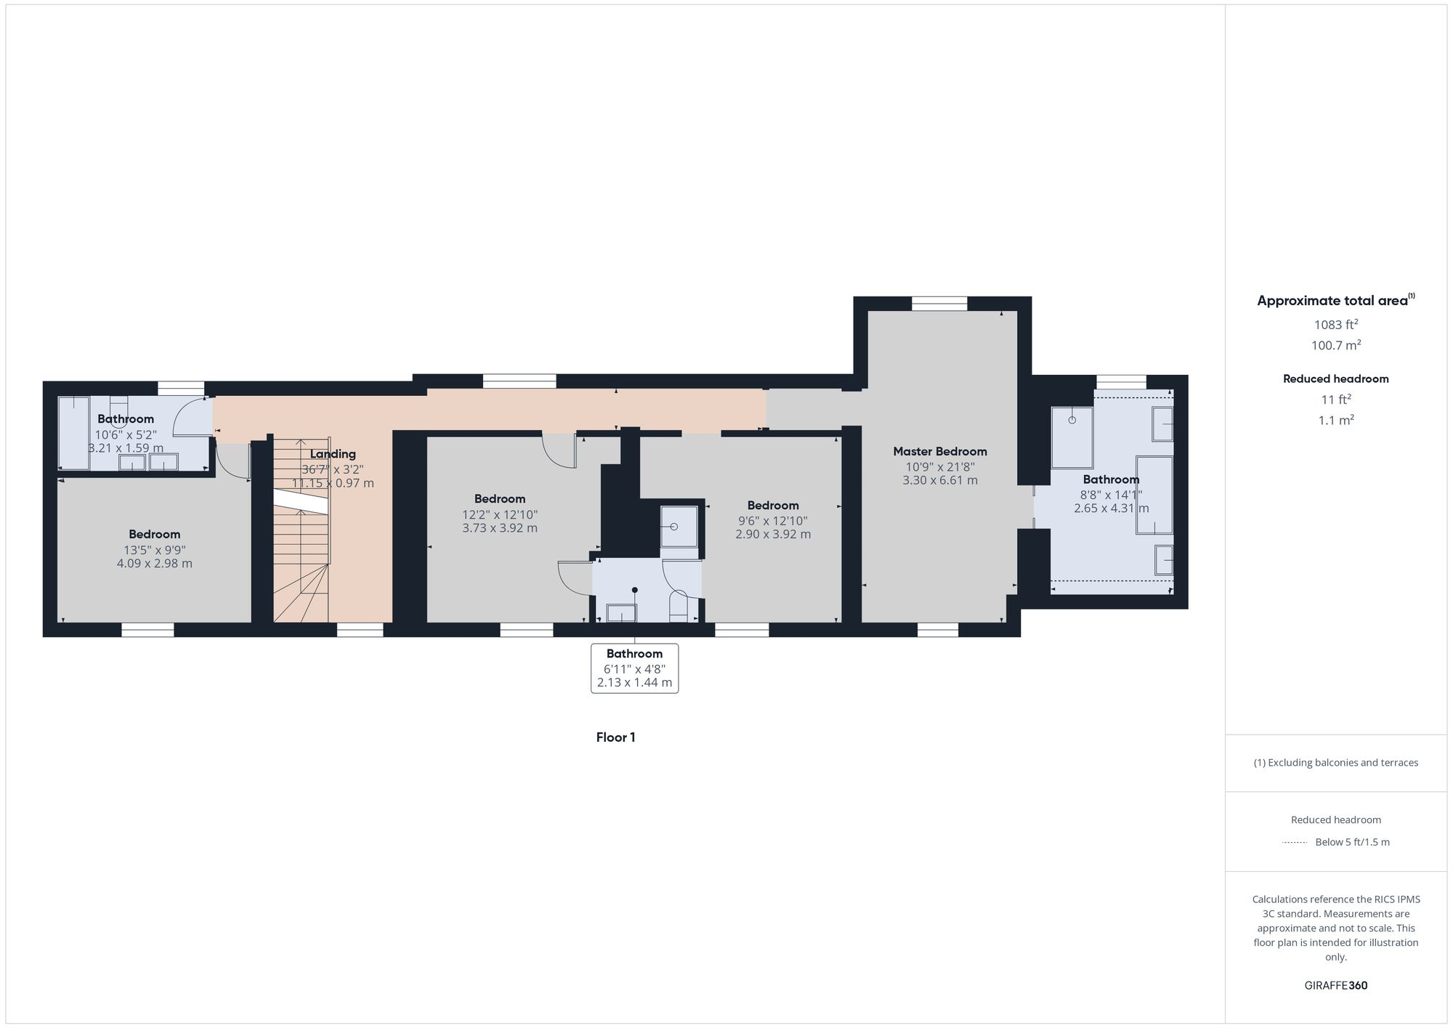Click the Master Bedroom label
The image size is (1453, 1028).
(x=939, y=451)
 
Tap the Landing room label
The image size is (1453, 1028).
(x=333, y=454)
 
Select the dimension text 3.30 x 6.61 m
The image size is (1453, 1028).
(x=939, y=480)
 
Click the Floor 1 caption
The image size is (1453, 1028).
(x=615, y=737)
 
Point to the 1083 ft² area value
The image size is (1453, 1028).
(x=1335, y=325)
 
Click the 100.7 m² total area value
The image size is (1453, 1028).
(x=1335, y=346)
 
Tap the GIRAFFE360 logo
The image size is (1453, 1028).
(x=1335, y=986)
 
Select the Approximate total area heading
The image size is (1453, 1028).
(x=1335, y=301)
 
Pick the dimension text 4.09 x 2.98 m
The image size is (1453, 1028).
(x=154, y=564)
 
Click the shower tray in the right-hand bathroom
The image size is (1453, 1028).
(x=1072, y=437)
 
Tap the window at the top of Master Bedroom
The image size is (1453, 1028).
(x=939, y=304)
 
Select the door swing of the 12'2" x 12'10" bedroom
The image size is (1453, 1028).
(x=561, y=450)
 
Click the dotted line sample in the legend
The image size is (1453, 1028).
(x=1295, y=843)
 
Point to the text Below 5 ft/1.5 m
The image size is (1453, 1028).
(x=1352, y=843)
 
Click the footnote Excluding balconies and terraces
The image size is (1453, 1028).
(x=1335, y=763)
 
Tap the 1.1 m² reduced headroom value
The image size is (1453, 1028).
(x=1335, y=421)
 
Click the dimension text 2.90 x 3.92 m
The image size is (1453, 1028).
(x=772, y=534)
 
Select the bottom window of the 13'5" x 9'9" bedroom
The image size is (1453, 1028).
(x=147, y=630)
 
